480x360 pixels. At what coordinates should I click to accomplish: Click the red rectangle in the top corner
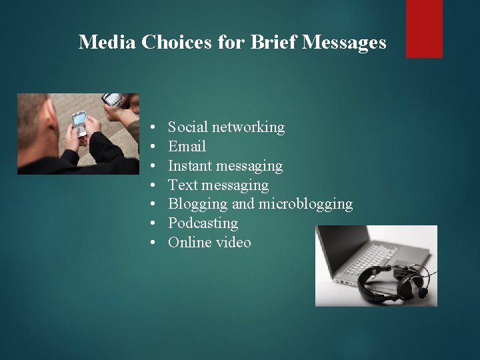(x=425, y=28)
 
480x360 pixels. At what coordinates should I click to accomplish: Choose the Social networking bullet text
(x=226, y=127)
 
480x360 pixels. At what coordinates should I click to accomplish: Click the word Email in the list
(x=187, y=146)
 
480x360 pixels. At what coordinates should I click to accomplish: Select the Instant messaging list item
(x=225, y=165)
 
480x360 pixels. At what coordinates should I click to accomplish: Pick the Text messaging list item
(x=218, y=185)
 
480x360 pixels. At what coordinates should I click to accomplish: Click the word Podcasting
(x=203, y=223)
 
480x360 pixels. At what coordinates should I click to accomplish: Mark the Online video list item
(x=209, y=242)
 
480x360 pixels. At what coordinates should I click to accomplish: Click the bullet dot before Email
(x=153, y=146)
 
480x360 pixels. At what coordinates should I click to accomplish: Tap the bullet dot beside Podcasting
(x=153, y=223)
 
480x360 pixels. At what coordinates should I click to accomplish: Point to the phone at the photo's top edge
(x=113, y=100)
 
